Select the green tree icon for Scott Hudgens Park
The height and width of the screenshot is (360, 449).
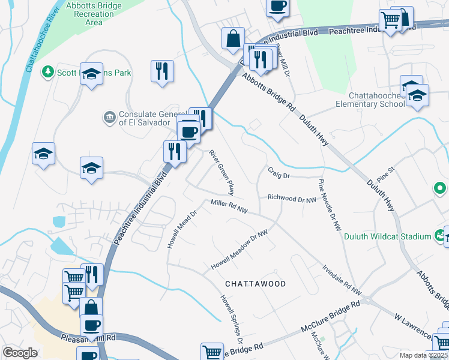click(48, 73)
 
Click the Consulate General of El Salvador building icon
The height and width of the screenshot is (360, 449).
click(109, 116)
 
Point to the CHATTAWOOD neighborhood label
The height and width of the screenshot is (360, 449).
click(255, 283)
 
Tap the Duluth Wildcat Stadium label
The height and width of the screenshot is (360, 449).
click(388, 236)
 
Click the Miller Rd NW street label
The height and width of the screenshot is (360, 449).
click(229, 207)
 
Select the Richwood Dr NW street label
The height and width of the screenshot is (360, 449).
click(292, 197)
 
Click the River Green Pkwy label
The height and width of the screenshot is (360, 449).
click(221, 172)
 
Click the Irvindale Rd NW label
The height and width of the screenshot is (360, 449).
click(342, 280)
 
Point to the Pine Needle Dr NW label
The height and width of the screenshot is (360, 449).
click(330, 205)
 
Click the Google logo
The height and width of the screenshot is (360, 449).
click(20, 353)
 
